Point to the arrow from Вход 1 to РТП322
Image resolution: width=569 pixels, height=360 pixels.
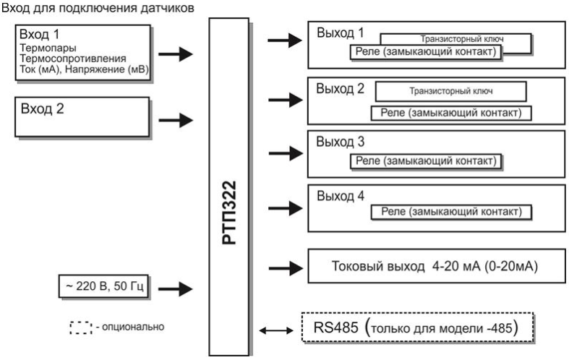pyautogui.click(x=176, y=53)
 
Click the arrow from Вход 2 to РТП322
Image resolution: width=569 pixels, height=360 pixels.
pyautogui.click(x=176, y=119)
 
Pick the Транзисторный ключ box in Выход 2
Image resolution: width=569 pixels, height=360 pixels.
pyautogui.click(x=450, y=91)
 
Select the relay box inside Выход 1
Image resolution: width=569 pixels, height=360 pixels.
pyautogui.click(x=424, y=53)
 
